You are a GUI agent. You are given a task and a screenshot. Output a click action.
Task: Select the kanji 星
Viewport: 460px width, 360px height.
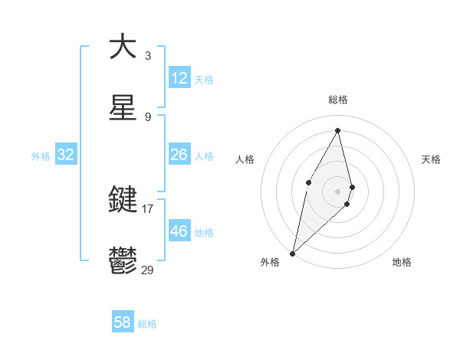[123, 108]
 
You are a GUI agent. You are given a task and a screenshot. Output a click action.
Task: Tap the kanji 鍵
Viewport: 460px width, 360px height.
[123, 200]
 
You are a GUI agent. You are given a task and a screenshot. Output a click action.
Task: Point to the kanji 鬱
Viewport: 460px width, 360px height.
[123, 261]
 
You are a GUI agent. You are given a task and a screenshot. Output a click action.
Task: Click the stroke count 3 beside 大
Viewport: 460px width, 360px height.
[148, 55]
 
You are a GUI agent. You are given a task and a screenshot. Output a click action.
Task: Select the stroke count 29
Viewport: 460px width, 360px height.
[147, 270]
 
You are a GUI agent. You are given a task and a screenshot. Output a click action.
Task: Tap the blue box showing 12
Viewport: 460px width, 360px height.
[179, 78]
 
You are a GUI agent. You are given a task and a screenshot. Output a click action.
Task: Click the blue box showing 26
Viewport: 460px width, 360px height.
[179, 155]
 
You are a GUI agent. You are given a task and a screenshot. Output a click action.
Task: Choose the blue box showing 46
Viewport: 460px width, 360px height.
[179, 231]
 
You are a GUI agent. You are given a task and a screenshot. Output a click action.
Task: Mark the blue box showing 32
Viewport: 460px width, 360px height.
[66, 155]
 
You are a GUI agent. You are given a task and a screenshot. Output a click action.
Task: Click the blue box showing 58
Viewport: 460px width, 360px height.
[123, 322]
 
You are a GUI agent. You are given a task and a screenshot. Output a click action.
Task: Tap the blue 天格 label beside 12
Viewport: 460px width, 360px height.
[204, 80]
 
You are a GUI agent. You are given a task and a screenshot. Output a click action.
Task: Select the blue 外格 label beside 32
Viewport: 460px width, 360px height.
[41, 156]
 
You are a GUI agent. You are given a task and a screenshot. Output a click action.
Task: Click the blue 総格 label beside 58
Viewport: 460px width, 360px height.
[147, 324]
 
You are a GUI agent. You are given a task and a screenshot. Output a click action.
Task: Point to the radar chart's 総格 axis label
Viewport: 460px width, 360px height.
[338, 100]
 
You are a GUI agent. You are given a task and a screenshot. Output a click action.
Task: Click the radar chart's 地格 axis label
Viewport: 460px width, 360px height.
[402, 263]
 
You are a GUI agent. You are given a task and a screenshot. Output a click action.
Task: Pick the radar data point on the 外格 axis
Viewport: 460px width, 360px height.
[292, 253]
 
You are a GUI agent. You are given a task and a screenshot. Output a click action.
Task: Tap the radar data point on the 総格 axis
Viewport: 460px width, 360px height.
[338, 130]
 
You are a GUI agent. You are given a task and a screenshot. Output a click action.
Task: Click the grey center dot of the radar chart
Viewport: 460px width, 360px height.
[338, 190]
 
